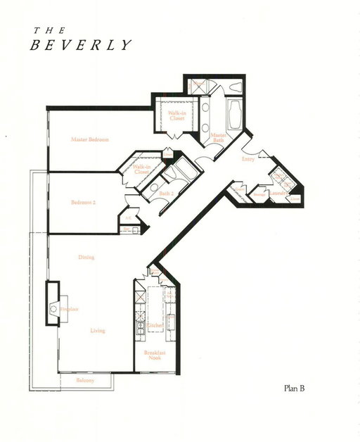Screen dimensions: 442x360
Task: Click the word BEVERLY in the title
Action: pyautogui.click(x=79, y=44)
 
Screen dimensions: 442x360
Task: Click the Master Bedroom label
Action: pyautogui.click(x=91, y=139)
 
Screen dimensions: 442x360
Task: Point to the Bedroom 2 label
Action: pyautogui.click(x=84, y=203)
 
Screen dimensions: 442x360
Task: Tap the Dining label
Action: pyautogui.click(x=86, y=258)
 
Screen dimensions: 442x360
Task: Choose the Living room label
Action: pyautogui.click(x=98, y=331)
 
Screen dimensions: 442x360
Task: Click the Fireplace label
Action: pyautogui.click(x=68, y=309)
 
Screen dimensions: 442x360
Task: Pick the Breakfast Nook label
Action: pyautogui.click(x=154, y=354)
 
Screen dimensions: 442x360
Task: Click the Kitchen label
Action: pyautogui.click(x=155, y=324)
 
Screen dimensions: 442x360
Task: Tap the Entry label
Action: pyautogui.click(x=247, y=159)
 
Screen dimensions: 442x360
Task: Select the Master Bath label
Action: pyautogui.click(x=219, y=138)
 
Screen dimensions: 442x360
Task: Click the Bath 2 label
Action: pyautogui.click(x=166, y=192)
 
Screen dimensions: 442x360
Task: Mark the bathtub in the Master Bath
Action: pyautogui.click(x=235, y=115)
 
